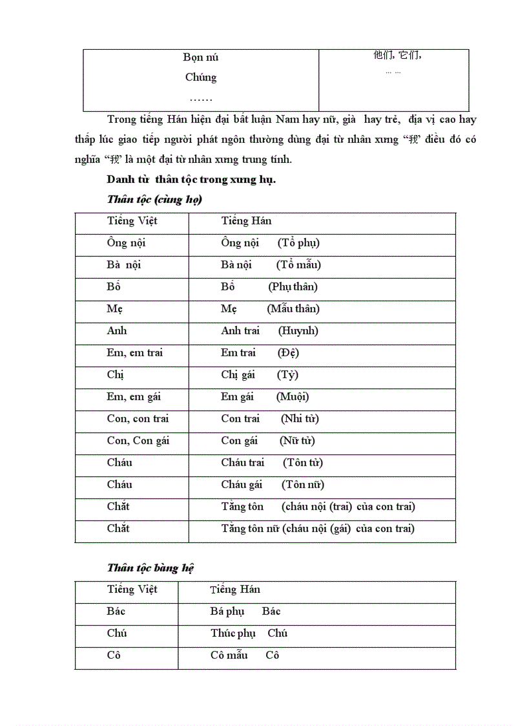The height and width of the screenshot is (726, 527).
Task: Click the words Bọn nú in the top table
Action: (200, 58)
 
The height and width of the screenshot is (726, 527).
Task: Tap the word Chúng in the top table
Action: (200, 78)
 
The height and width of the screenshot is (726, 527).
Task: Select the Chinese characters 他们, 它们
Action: (397, 56)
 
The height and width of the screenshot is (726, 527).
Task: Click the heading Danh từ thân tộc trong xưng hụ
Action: (191, 180)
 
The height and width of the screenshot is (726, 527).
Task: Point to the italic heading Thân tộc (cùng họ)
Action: (154, 200)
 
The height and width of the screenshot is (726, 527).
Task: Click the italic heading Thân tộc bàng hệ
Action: (150, 568)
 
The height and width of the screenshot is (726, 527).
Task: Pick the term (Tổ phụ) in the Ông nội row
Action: (298, 243)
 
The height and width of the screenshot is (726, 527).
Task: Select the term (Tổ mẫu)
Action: (298, 265)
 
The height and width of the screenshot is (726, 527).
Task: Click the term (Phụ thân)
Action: (293, 287)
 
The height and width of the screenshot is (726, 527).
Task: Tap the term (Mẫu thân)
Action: (293, 309)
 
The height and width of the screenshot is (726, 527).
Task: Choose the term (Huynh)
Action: (298, 331)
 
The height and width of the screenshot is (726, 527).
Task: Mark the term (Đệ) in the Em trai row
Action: (288, 353)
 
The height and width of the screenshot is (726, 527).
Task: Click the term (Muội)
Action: (293, 397)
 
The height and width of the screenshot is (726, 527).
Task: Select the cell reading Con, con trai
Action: (138, 419)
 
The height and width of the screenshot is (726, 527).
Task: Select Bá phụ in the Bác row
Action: (227, 612)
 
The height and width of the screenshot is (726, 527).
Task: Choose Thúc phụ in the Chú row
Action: (233, 634)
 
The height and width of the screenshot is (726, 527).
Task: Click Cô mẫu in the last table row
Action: (229, 656)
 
